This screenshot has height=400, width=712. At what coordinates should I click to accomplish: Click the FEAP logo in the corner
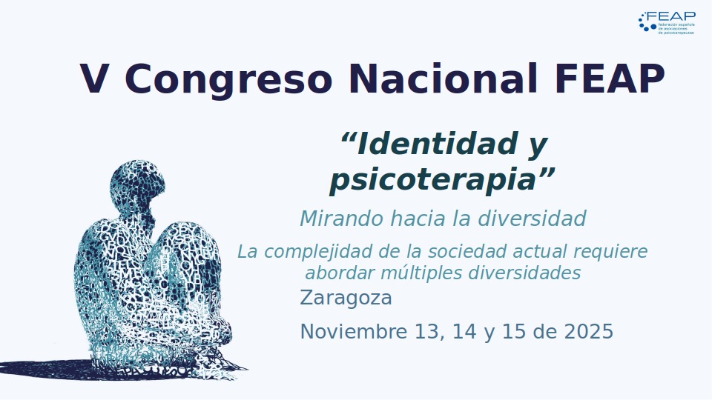(667, 22)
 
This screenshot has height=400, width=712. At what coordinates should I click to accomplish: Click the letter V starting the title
(94, 79)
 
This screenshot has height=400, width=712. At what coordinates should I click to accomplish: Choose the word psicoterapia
(433, 180)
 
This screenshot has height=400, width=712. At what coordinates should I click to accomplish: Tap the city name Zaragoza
(346, 299)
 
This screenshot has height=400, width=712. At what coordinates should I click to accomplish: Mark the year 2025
(588, 332)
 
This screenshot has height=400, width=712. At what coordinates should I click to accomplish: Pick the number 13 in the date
(426, 332)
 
